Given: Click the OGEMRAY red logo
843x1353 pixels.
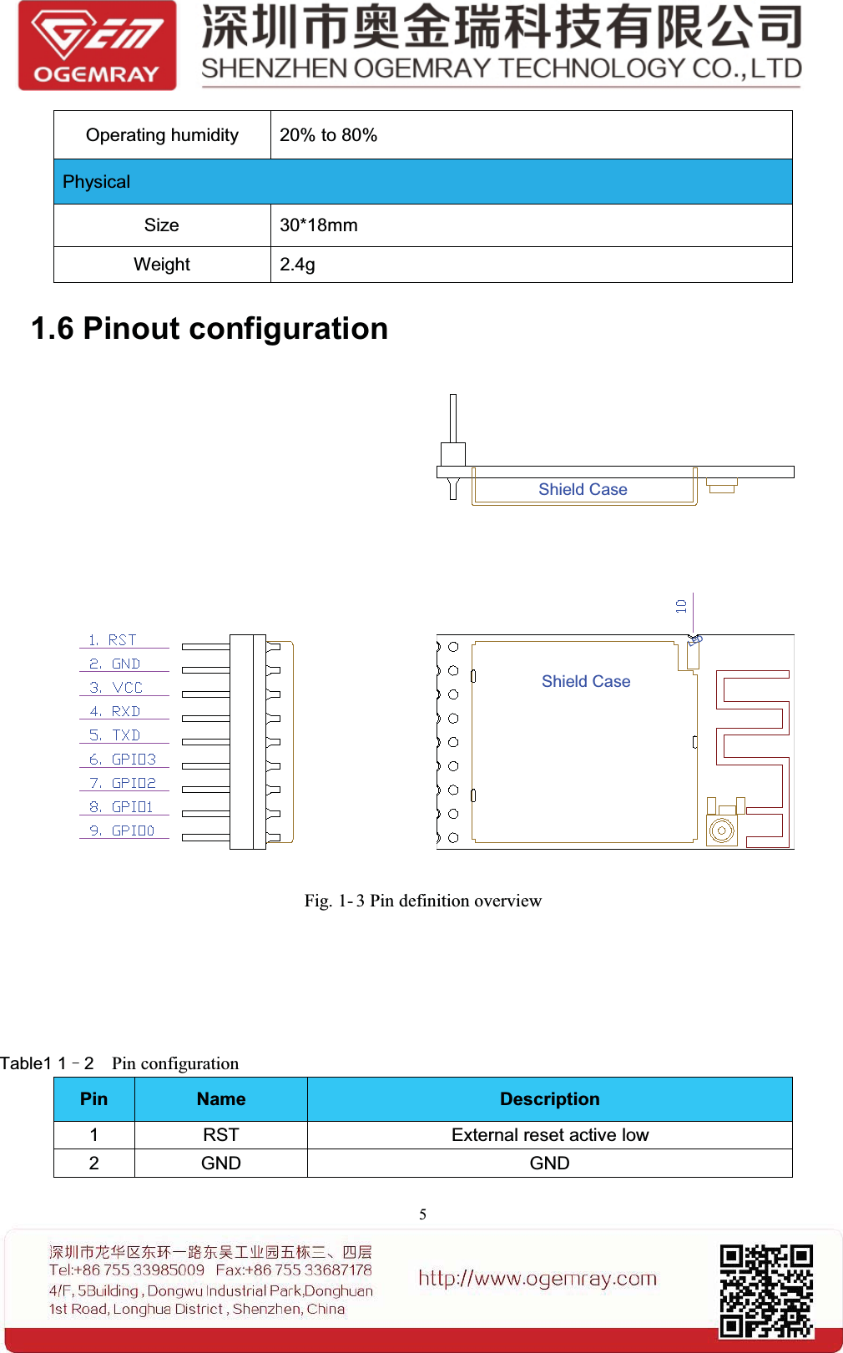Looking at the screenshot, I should (97, 46).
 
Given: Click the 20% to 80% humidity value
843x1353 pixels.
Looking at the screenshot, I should (328, 135).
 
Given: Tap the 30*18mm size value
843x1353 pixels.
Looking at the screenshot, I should (318, 225).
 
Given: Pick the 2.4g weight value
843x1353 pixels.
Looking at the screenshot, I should (297, 265).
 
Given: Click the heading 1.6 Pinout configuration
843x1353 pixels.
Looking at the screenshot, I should (209, 329).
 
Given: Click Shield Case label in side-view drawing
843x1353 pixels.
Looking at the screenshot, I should (583, 490).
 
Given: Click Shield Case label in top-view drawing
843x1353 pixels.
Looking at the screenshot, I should (586, 682).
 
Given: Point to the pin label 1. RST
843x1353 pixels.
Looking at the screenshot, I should (114, 640).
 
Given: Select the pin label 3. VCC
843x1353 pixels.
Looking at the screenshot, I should (117, 688).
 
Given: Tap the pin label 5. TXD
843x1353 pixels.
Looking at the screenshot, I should (115, 735).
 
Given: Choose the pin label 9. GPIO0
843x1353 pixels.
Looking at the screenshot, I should (122, 831).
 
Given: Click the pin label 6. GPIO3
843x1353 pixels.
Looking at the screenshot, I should (123, 760).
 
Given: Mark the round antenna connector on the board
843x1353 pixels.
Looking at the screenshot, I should (721, 830).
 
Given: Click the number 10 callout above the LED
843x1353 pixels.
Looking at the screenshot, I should (682, 606).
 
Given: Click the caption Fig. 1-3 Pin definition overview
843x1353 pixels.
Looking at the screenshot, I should (422, 901).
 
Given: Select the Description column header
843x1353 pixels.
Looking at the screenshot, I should (549, 1099).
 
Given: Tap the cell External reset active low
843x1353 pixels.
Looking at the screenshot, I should (549, 1135).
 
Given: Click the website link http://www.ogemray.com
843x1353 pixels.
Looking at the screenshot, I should (538, 1278).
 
